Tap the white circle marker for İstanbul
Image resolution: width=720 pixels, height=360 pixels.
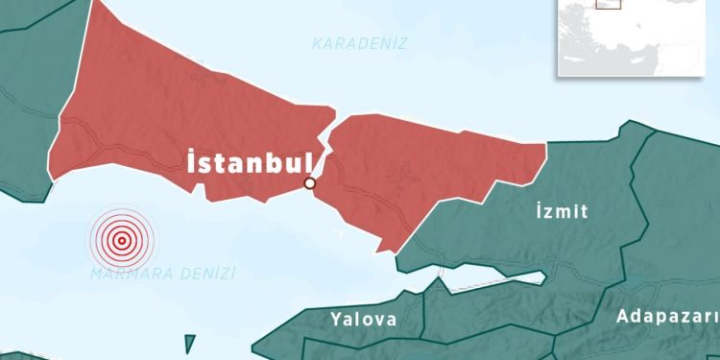pyautogui.click(x=310, y=183)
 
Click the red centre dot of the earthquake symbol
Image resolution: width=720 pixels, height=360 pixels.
pyautogui.click(x=121, y=240)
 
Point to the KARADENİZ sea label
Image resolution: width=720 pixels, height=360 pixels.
pyautogui.click(x=360, y=43)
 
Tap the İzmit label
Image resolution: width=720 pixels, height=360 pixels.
pyautogui.click(x=561, y=212)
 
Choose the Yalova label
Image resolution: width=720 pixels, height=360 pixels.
pyautogui.click(x=363, y=320)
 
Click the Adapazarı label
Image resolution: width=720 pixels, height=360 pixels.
pyautogui.click(x=668, y=316)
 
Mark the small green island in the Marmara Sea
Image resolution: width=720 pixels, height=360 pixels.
pyautogui.click(x=189, y=343)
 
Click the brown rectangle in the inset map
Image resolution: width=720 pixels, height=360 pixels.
pyautogui.click(x=607, y=4)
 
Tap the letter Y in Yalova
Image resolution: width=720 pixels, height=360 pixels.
pyautogui.click(x=335, y=320)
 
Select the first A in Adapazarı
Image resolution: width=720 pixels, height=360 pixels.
pyautogui.click(x=622, y=316)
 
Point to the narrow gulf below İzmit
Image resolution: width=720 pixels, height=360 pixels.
pyautogui.click(x=490, y=279)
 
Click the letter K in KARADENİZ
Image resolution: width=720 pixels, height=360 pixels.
pyautogui.click(x=318, y=43)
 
